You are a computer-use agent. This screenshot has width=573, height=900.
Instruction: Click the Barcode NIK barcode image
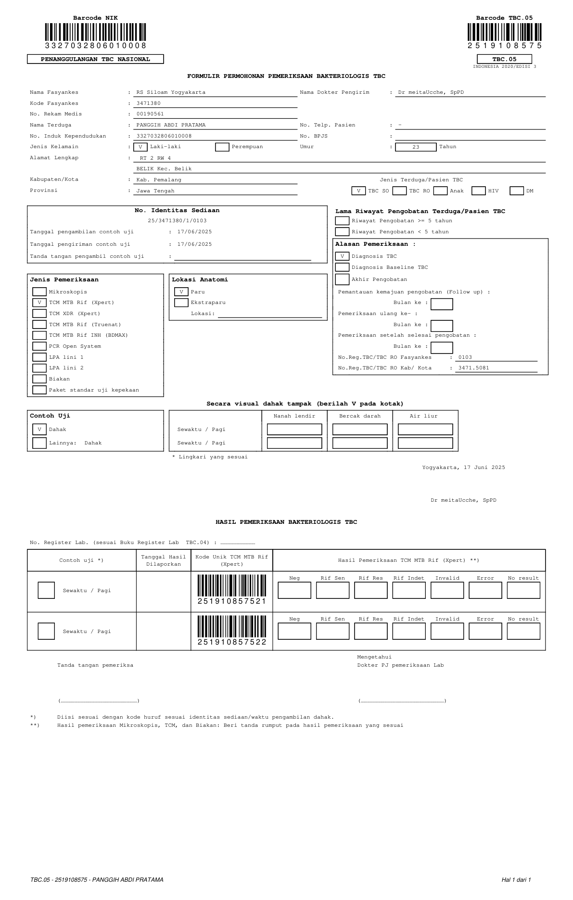coord(95,32)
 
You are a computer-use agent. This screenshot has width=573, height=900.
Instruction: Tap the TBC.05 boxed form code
coord(504,59)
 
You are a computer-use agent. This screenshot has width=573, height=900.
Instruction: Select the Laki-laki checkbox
coord(140,147)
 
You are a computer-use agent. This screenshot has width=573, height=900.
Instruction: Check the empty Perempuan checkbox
coord(222,147)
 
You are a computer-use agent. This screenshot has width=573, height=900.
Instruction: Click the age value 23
coord(416,147)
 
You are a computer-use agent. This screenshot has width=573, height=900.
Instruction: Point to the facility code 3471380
coord(149,103)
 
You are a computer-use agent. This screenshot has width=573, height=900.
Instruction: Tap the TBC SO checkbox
coord(358,191)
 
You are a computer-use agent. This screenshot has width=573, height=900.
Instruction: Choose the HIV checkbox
coord(478,191)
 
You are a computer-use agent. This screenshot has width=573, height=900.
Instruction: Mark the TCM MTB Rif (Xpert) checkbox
coord(39,303)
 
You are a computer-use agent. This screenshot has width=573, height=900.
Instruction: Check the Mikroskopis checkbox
coord(39,292)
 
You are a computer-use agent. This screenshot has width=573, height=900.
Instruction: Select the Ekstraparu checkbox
coord(181,303)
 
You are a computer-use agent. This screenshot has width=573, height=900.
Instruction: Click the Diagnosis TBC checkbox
coord(342,256)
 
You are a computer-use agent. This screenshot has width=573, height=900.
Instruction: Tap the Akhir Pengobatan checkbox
coord(342,279)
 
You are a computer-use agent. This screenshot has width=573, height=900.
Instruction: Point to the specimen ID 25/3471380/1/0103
coord(177,220)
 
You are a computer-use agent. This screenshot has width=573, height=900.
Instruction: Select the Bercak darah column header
coord(360,416)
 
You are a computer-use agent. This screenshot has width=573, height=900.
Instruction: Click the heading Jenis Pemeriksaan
coord(64,279)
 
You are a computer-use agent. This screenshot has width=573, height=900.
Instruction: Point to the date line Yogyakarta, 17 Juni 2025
coord(463,468)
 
